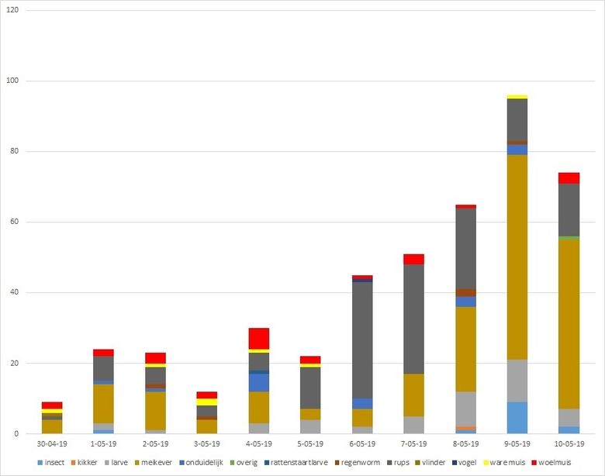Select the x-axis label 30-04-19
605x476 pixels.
click(x=52, y=444)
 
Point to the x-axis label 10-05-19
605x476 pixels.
click(x=569, y=444)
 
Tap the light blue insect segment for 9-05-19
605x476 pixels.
click(x=517, y=418)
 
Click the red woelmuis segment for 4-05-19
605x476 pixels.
click(x=259, y=339)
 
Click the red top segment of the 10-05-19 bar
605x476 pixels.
click(x=569, y=178)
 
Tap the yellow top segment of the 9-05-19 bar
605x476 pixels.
click(x=517, y=97)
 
